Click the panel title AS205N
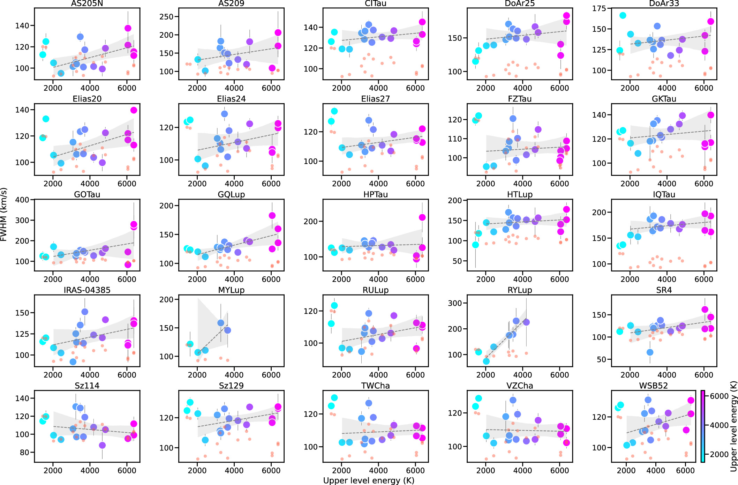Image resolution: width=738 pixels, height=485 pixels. (87, 3)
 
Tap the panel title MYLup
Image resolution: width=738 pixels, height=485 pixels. (231, 290)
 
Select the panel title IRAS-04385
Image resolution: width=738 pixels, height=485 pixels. (87, 290)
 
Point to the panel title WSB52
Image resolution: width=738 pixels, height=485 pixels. (653, 386)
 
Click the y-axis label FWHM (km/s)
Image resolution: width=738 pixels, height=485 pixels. (4, 215)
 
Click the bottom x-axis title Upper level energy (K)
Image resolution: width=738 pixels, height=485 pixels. (369, 480)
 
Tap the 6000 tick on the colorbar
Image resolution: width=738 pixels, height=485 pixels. (719, 396)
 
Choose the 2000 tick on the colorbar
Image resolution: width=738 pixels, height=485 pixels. (719, 454)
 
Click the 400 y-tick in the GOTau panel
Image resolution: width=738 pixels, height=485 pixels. (22, 200)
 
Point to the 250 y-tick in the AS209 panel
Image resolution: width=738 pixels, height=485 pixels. (167, 17)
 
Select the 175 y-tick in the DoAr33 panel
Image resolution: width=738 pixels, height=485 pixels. (599, 9)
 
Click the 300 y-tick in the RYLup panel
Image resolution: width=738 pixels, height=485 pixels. (455, 303)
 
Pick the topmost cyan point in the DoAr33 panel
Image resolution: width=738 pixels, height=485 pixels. (623, 15)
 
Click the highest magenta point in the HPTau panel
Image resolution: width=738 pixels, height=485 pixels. (422, 217)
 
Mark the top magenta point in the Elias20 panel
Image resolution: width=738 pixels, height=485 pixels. (134, 110)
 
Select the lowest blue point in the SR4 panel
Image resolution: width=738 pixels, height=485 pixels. (650, 352)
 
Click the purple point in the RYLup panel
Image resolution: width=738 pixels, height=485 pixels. (526, 322)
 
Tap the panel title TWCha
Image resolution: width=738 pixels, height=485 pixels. (375, 386)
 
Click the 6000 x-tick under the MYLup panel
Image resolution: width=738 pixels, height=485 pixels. (271, 375)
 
